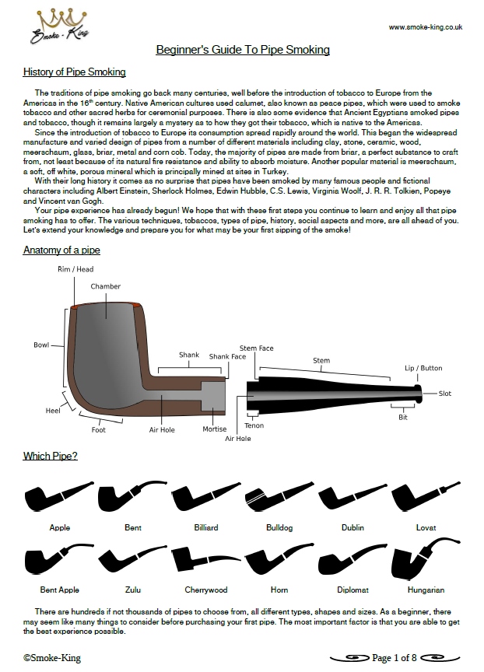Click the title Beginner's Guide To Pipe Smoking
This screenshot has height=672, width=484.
[243, 50]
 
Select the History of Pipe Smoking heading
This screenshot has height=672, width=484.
[74, 72]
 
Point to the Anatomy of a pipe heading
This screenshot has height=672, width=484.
[61, 250]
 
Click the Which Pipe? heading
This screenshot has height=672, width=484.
[50, 455]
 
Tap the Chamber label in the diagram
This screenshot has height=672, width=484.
[106, 286]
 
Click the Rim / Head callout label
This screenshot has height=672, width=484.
[75, 269]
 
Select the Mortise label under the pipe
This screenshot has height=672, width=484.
[215, 429]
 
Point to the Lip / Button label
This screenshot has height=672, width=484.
[423, 368]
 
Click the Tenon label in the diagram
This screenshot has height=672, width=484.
[254, 425]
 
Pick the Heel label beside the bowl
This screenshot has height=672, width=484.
[52, 410]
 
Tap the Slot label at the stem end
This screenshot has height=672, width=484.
[445, 394]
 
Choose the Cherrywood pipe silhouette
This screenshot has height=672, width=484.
[205, 558]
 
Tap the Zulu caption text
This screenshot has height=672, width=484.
[133, 590]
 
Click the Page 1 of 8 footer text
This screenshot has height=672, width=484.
[395, 658]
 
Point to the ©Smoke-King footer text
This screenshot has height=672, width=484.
[51, 658]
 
